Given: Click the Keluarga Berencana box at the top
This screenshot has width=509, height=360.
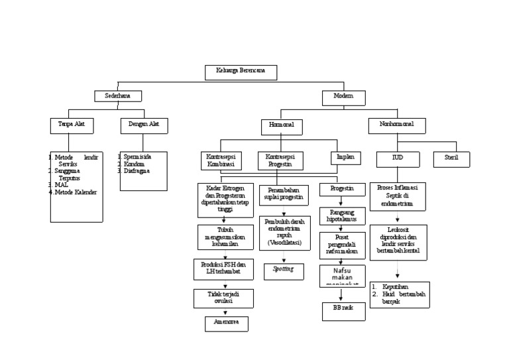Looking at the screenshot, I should pos(241,72).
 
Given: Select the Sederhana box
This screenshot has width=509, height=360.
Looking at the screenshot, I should pos(117,96).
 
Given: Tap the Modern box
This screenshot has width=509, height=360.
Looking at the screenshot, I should pos(344,97).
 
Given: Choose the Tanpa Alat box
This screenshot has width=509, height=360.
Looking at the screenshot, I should pos(72,125).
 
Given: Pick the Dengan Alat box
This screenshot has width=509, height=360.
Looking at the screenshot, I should pos(144,125).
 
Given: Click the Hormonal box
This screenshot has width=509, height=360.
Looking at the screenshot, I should pos(282,127).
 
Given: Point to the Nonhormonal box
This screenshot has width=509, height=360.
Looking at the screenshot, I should pos(397,125).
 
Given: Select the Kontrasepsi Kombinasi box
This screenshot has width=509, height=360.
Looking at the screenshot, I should pos(221,160).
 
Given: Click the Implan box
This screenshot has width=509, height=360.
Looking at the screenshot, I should pos(346,158).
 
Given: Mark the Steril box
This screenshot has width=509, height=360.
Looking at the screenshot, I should pos(451,159).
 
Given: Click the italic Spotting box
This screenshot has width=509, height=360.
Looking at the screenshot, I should pos(284,270).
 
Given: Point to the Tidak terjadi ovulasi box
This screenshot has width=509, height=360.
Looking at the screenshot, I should pos(223,298).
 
